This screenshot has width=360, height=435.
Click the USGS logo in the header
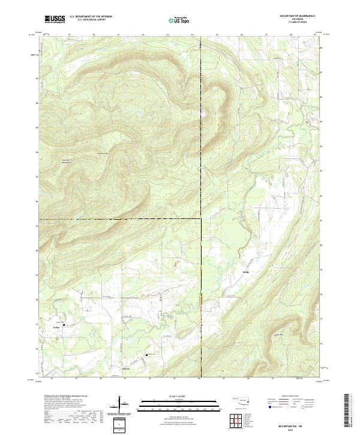(x=55, y=19)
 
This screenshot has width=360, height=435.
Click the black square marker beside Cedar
(x=64, y=325)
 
